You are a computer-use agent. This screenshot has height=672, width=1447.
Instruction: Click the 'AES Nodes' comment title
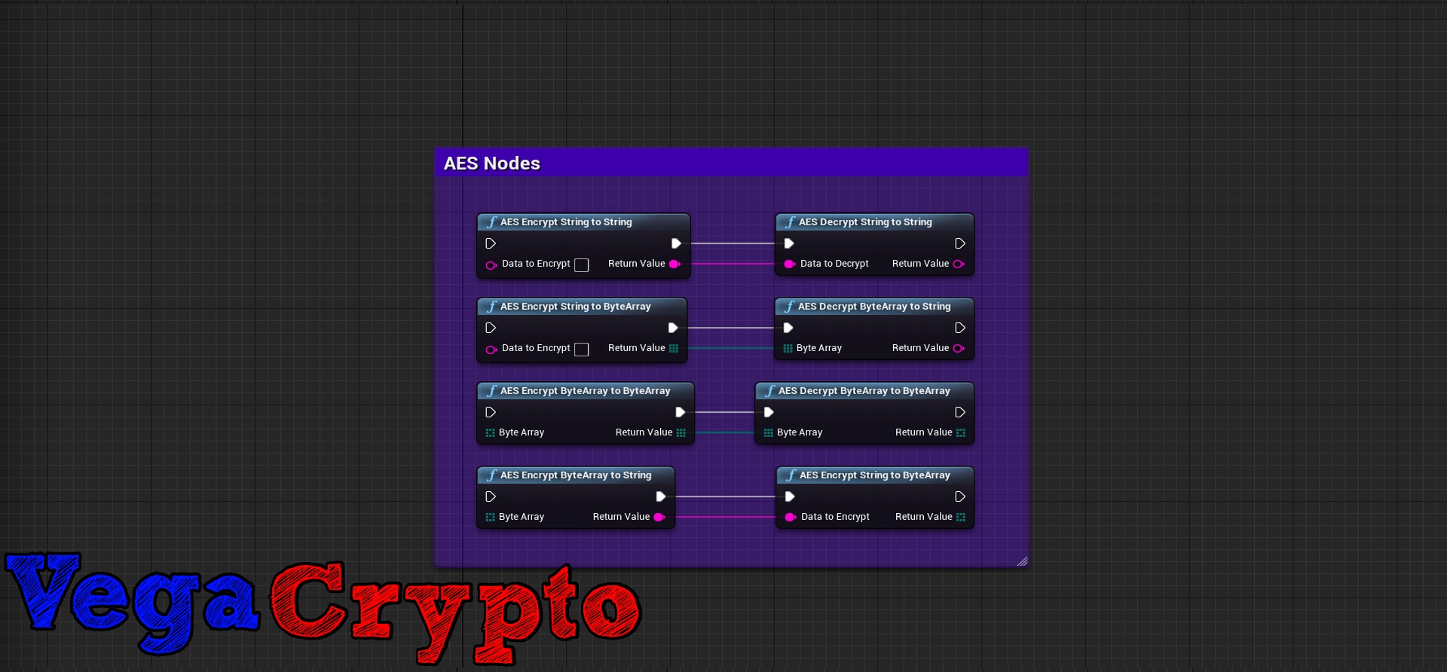pos(492,163)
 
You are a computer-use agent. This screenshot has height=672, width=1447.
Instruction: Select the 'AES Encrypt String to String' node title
pos(566,222)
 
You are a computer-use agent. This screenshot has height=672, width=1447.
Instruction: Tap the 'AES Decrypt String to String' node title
pos(865,222)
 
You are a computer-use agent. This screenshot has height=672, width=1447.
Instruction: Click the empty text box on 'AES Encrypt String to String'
pos(581,265)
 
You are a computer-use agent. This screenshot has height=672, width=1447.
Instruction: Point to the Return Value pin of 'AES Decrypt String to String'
pos(959,264)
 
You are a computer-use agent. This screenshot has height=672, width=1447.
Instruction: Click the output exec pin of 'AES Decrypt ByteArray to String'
pos(960,328)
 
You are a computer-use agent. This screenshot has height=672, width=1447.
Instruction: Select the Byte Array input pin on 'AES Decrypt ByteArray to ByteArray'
pos(768,433)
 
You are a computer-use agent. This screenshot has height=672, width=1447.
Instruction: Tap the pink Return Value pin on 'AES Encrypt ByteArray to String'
pos(659,518)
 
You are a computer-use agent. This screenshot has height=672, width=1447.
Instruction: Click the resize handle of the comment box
pos(1022,561)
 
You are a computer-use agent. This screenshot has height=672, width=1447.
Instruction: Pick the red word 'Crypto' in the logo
pos(452,610)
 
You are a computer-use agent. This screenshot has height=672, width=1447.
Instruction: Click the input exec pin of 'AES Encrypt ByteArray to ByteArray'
pos(491,413)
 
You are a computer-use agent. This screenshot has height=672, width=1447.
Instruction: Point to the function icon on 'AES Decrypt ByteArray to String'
pos(789,307)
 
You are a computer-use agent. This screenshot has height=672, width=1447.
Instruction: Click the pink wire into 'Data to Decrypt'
pos(733,264)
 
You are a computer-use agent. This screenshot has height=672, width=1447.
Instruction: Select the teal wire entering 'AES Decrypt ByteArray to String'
pos(731,348)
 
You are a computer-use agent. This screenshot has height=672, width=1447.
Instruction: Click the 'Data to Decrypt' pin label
pos(834,264)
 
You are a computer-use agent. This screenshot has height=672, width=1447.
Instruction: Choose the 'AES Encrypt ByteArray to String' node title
pos(576,475)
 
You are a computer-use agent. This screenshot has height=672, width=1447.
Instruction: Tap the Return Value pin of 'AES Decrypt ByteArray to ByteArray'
pos(961,433)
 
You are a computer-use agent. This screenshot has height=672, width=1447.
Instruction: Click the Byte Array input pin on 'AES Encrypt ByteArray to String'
pos(491,518)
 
